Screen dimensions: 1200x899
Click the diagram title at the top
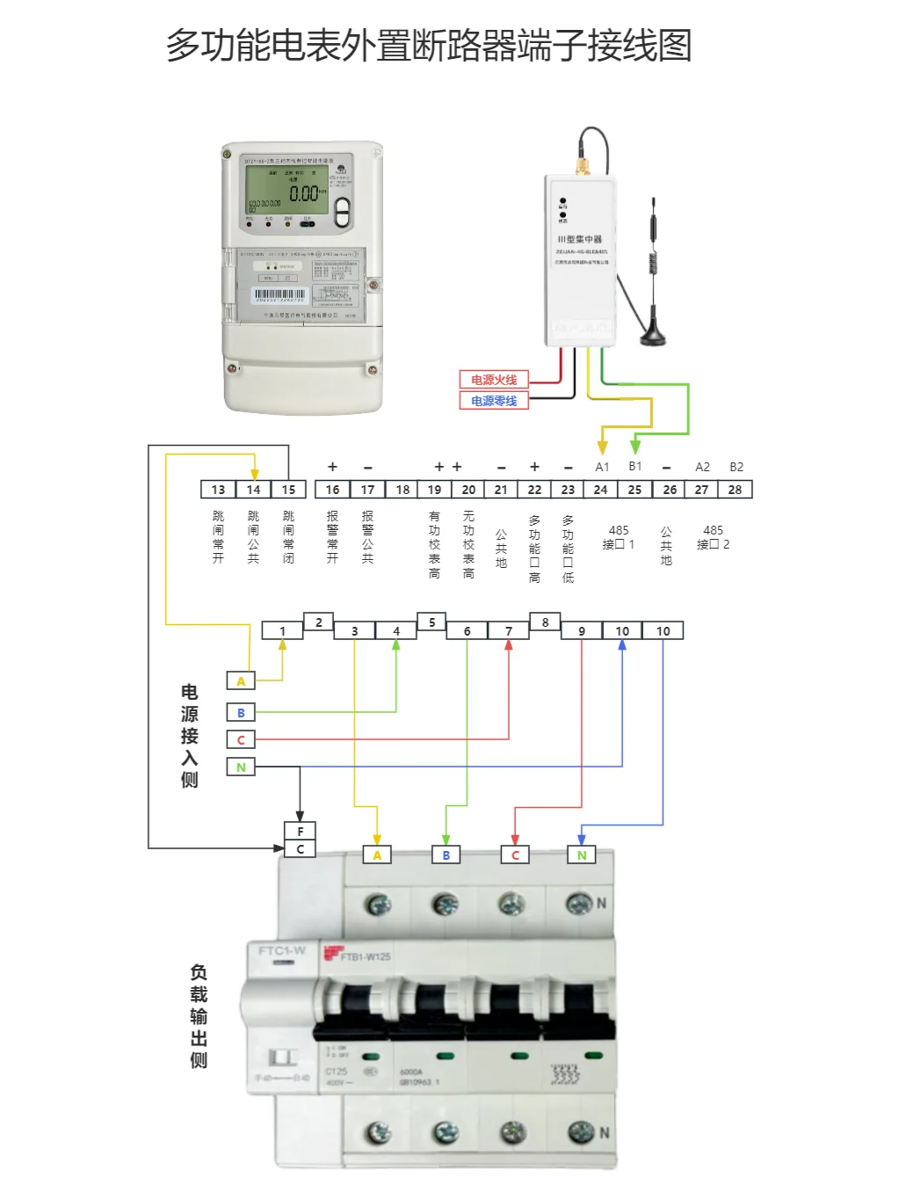429,46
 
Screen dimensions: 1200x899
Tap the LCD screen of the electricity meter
286,190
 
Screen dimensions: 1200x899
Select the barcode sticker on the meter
279,295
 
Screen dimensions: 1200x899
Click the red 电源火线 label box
494,380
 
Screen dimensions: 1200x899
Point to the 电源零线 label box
494,401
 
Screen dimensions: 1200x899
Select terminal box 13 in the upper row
218,490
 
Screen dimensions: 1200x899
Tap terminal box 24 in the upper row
600,490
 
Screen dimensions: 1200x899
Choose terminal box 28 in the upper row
735,490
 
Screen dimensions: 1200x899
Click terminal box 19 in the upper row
434,490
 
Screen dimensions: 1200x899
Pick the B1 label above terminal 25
635,467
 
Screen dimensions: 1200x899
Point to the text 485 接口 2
713,537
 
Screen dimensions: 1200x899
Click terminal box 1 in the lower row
282,631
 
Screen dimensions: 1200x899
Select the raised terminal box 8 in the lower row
545,622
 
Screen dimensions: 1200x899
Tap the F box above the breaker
300,831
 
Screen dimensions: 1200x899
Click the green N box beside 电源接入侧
241,767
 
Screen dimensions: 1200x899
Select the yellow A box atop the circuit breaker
377,855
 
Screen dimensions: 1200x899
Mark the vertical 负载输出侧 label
199,1015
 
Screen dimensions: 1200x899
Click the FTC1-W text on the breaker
281,950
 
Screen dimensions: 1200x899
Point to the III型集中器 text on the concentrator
580,239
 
